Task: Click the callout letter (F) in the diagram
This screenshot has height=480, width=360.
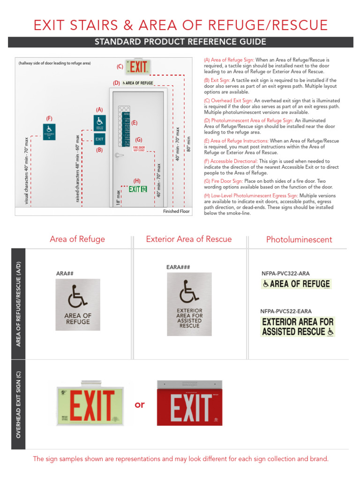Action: click(x=49, y=118)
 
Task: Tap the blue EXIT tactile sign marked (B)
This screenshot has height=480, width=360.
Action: click(x=99, y=139)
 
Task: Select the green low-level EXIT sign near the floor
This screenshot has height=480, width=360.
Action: click(x=138, y=189)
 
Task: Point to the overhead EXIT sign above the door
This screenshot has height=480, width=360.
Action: click(x=138, y=67)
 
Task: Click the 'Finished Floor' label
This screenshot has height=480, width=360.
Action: click(x=176, y=211)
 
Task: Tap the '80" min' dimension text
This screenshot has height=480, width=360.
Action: click(x=188, y=143)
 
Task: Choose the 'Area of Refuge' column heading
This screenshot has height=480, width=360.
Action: click(x=77, y=240)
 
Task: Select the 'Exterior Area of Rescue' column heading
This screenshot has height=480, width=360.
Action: click(x=189, y=240)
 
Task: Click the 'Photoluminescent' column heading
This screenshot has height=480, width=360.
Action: click(x=299, y=240)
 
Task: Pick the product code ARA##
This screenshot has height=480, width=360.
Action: click(x=65, y=273)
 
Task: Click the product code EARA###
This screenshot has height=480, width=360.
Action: click(x=178, y=268)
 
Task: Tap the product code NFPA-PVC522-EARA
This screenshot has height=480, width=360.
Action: click(x=285, y=311)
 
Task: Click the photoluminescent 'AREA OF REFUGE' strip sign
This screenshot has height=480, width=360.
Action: click(x=296, y=284)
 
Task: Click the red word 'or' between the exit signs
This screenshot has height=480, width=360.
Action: click(x=140, y=405)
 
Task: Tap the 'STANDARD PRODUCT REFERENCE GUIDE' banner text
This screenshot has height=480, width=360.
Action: click(x=180, y=42)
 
